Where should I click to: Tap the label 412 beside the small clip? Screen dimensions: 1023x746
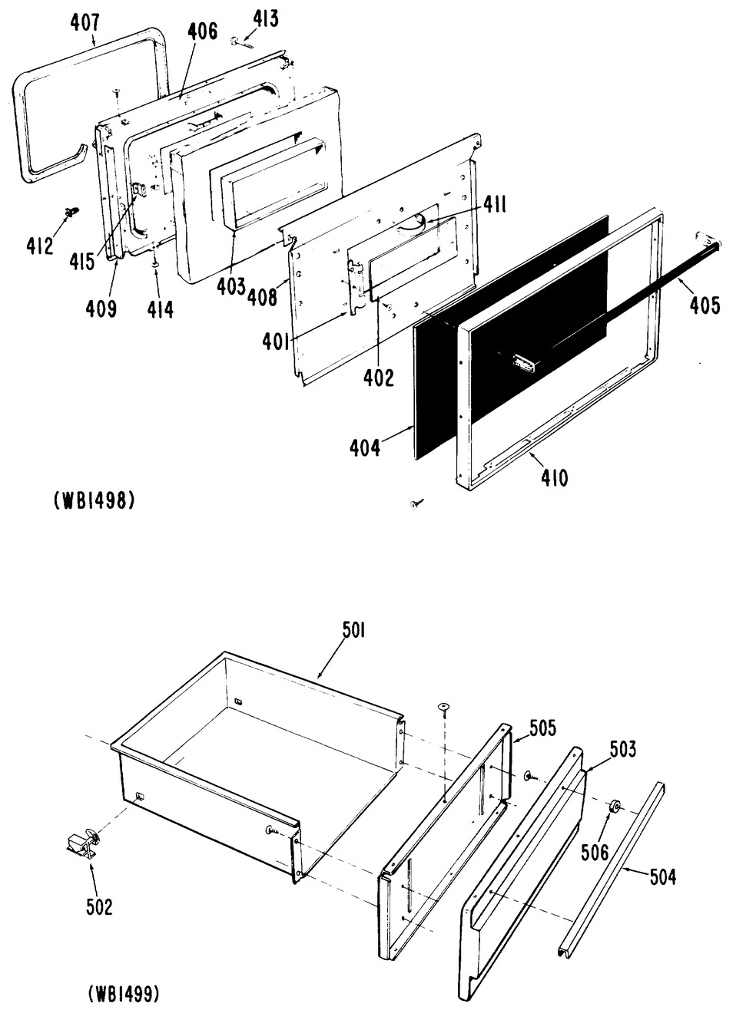(40, 246)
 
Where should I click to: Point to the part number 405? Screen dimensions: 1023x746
(705, 305)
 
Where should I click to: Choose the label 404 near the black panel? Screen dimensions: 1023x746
(364, 447)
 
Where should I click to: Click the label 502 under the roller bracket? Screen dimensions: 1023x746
(99, 906)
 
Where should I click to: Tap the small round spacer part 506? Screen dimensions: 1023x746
(615, 807)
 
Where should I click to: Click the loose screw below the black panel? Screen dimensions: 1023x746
(417, 503)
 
